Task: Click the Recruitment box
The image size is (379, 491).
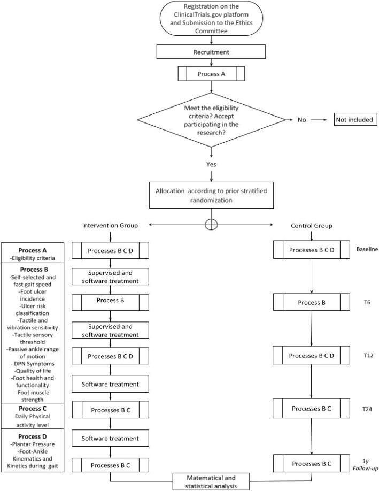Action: (211, 51)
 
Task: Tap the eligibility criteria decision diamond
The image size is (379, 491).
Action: (211, 120)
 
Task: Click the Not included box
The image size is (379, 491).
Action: (355, 120)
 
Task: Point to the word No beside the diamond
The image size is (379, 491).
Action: (303, 120)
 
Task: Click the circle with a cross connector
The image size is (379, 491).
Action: (211, 225)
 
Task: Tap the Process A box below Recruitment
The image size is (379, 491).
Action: (211, 73)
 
